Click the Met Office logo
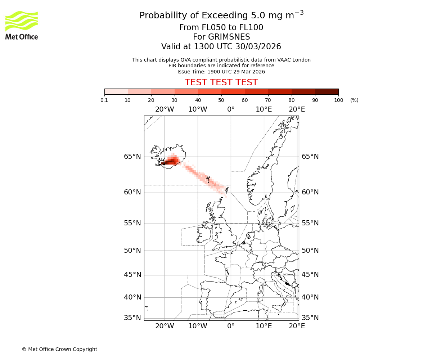[x=22, y=25]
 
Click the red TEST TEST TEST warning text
[x=221, y=82]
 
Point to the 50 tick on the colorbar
[x=221, y=100]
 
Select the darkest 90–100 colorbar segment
[x=327, y=91]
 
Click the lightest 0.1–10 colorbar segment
[x=116, y=91]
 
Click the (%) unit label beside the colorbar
[x=354, y=100]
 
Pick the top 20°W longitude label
[x=165, y=109]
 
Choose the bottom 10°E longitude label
[x=264, y=326]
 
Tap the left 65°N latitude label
[x=132, y=157]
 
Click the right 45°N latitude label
[x=310, y=275]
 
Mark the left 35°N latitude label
[x=132, y=318]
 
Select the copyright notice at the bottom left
[x=59, y=349]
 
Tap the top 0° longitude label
[x=231, y=109]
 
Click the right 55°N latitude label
[x=310, y=223]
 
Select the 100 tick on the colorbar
[x=338, y=100]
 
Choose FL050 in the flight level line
[x=208, y=28]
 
